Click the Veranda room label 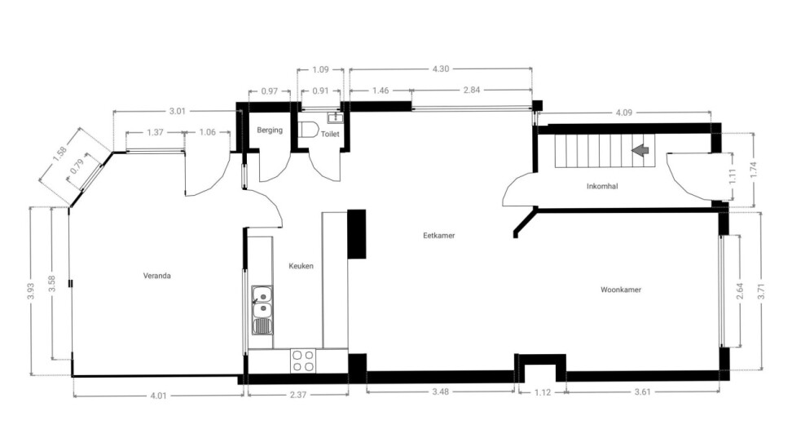[156, 276]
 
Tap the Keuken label [301, 266]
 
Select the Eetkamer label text [439, 235]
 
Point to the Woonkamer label [621, 290]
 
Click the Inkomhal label [602, 186]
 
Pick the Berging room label [270, 130]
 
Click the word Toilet [330, 134]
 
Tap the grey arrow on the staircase [640, 149]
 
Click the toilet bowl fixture [308, 130]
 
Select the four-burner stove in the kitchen [303, 361]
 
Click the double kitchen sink [262, 310]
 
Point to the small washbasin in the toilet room [336, 117]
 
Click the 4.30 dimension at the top [441, 69]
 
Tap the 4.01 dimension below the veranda [158, 396]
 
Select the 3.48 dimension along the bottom [441, 392]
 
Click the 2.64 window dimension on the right [740, 290]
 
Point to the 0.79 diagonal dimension [77, 166]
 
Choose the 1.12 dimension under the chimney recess [543, 392]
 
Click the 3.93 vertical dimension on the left [30, 290]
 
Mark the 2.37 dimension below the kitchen [298, 395]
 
